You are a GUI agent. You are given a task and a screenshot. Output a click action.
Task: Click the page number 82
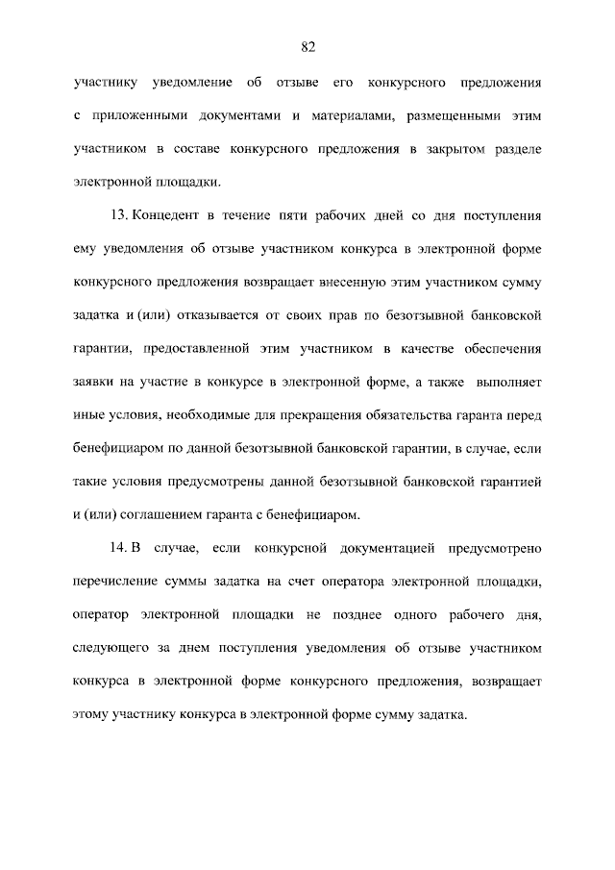(x=307, y=45)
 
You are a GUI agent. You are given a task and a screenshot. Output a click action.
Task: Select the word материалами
(x=341, y=115)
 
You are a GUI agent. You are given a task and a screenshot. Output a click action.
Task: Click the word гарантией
(x=507, y=481)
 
